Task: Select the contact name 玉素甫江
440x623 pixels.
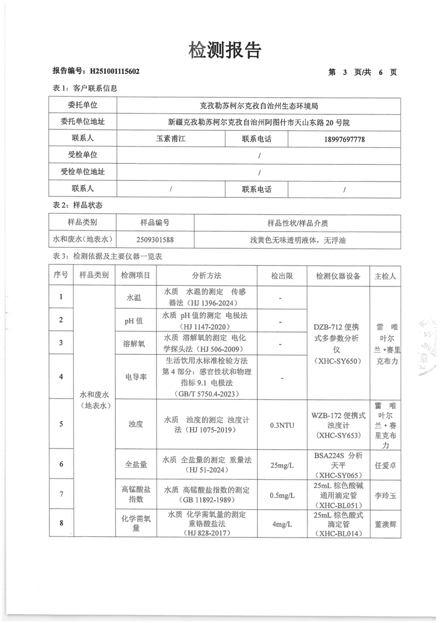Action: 170,138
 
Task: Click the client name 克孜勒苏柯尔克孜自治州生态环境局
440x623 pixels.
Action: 259,104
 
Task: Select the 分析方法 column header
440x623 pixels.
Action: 206,275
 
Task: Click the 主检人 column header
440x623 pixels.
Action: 385,275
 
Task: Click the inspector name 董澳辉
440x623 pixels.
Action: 385,523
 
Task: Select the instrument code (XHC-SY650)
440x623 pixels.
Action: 338,361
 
